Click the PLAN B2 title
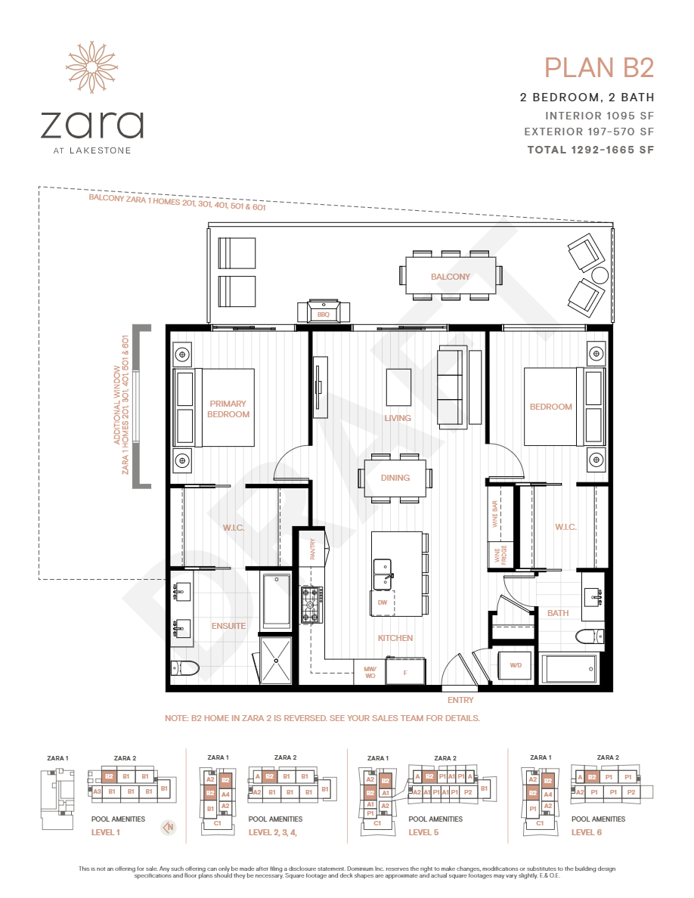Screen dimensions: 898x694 click(x=599, y=68)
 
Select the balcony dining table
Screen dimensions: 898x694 click(x=451, y=277)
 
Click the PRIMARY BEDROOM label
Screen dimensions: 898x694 click(x=228, y=409)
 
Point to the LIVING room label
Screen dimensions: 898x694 click(x=397, y=418)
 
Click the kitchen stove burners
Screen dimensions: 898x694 click(x=311, y=605)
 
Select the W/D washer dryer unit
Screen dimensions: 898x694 click(x=516, y=665)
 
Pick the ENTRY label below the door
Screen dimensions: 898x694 click(x=460, y=700)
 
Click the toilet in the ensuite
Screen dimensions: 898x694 click(x=185, y=667)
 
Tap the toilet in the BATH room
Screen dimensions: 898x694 click(x=589, y=636)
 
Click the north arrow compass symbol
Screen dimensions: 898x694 click(x=169, y=827)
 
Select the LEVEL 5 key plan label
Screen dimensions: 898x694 click(x=425, y=832)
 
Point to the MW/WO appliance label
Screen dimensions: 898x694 click(x=370, y=672)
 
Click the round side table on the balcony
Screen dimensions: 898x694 click(x=600, y=275)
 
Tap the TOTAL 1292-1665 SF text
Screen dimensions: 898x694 click(x=590, y=150)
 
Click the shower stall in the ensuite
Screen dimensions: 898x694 click(x=277, y=659)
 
